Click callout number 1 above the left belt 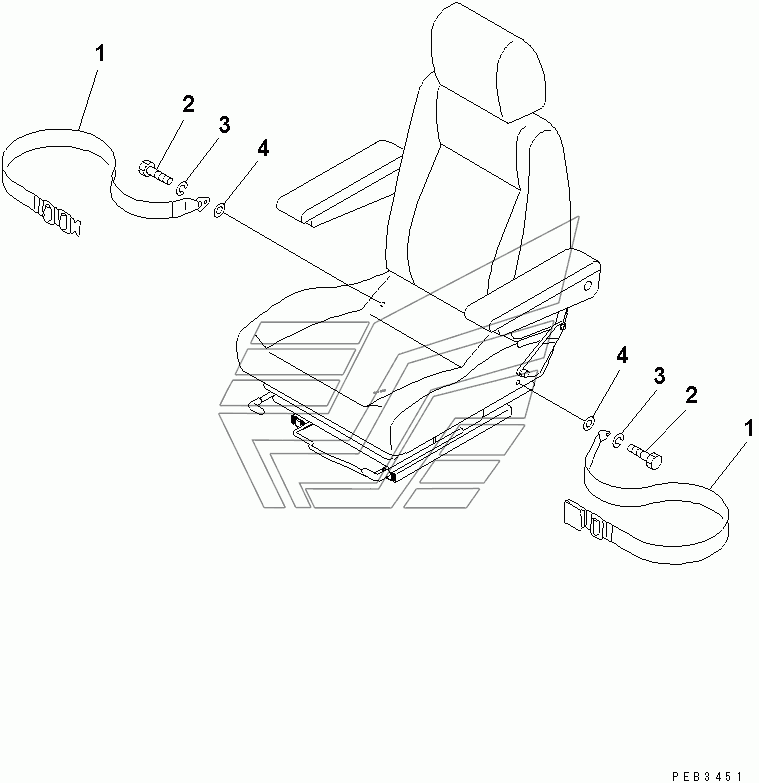pos(100,53)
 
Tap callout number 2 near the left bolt pos(188,104)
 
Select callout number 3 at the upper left pos(225,124)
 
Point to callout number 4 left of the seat pos(263,148)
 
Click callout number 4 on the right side pos(622,356)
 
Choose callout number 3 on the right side pos(660,376)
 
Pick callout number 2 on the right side pos(691,395)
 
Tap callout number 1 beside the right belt pos(748,429)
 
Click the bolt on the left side pos(154,171)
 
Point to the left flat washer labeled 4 pos(219,211)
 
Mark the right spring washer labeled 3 pos(617,439)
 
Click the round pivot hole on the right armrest pos(588,286)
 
